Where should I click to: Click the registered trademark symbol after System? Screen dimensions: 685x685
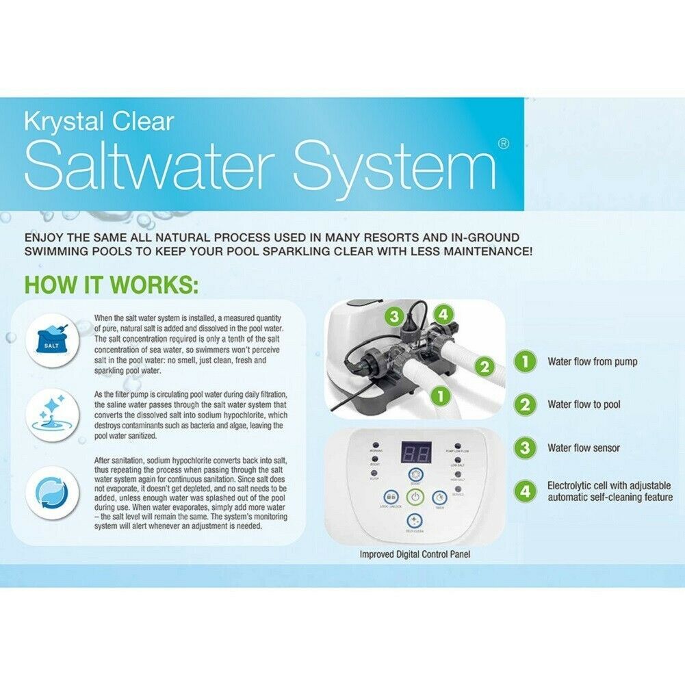pos(503,144)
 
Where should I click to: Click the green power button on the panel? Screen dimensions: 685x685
pos(415,497)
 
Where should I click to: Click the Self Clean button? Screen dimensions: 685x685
pos(415,521)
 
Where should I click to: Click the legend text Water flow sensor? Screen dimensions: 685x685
pos(583,448)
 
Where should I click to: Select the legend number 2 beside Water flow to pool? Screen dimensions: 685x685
pos(525,404)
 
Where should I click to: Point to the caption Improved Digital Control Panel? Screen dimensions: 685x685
pos(415,554)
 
